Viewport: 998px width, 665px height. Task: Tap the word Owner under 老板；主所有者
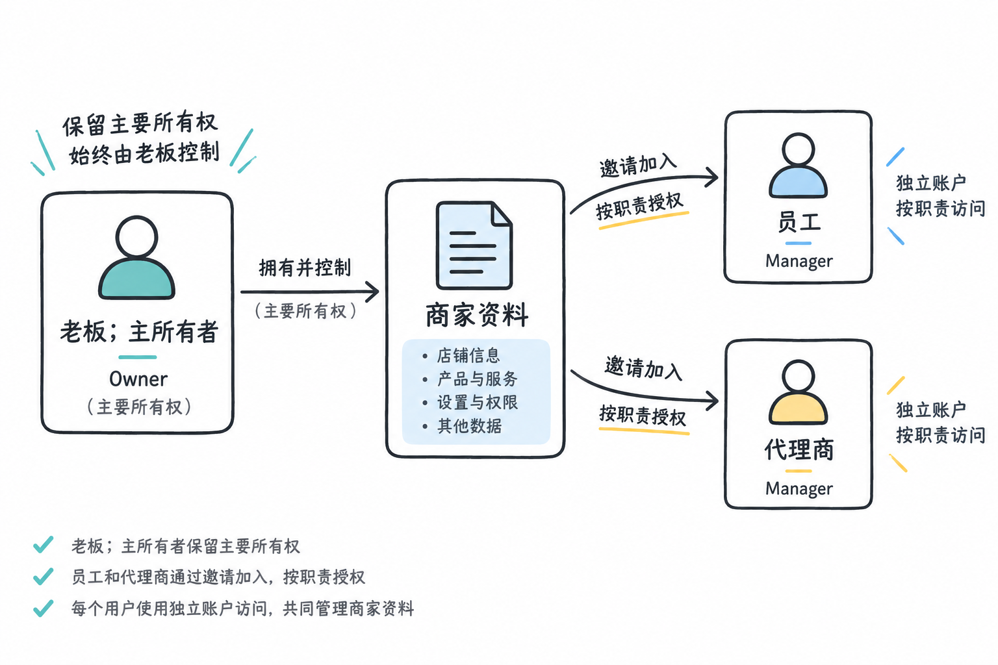138,379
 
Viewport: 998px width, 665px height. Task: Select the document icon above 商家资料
474,245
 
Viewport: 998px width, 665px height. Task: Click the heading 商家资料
477,315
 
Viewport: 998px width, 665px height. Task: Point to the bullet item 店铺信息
468,355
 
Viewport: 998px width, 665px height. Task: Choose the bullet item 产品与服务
477,379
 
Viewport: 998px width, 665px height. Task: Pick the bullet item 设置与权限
477,403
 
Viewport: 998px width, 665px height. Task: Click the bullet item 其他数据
469,426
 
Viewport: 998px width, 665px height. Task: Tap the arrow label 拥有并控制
305,268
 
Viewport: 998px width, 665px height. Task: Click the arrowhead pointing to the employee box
712,177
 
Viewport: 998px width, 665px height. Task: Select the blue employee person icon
798,165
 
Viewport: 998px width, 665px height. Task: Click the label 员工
799,222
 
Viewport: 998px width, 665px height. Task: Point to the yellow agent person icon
798,392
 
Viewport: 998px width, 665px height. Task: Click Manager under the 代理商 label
799,488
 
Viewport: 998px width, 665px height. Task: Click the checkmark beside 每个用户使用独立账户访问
44,608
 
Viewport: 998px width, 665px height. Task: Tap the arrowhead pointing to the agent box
712,401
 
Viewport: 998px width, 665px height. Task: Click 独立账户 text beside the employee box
931,182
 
